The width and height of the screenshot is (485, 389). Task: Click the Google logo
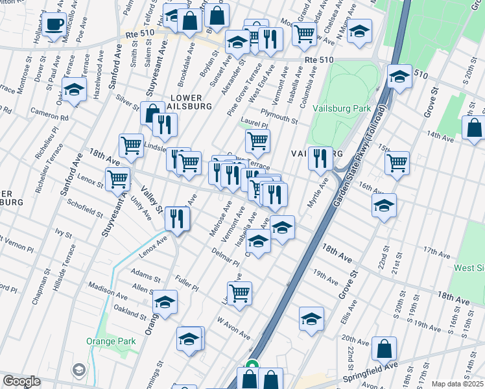(21, 381)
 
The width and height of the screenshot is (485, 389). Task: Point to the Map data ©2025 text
(457, 384)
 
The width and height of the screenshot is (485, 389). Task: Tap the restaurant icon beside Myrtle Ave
(320, 158)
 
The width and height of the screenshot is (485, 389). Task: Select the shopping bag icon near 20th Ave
(384, 348)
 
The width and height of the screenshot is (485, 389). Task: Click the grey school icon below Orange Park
(79, 370)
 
